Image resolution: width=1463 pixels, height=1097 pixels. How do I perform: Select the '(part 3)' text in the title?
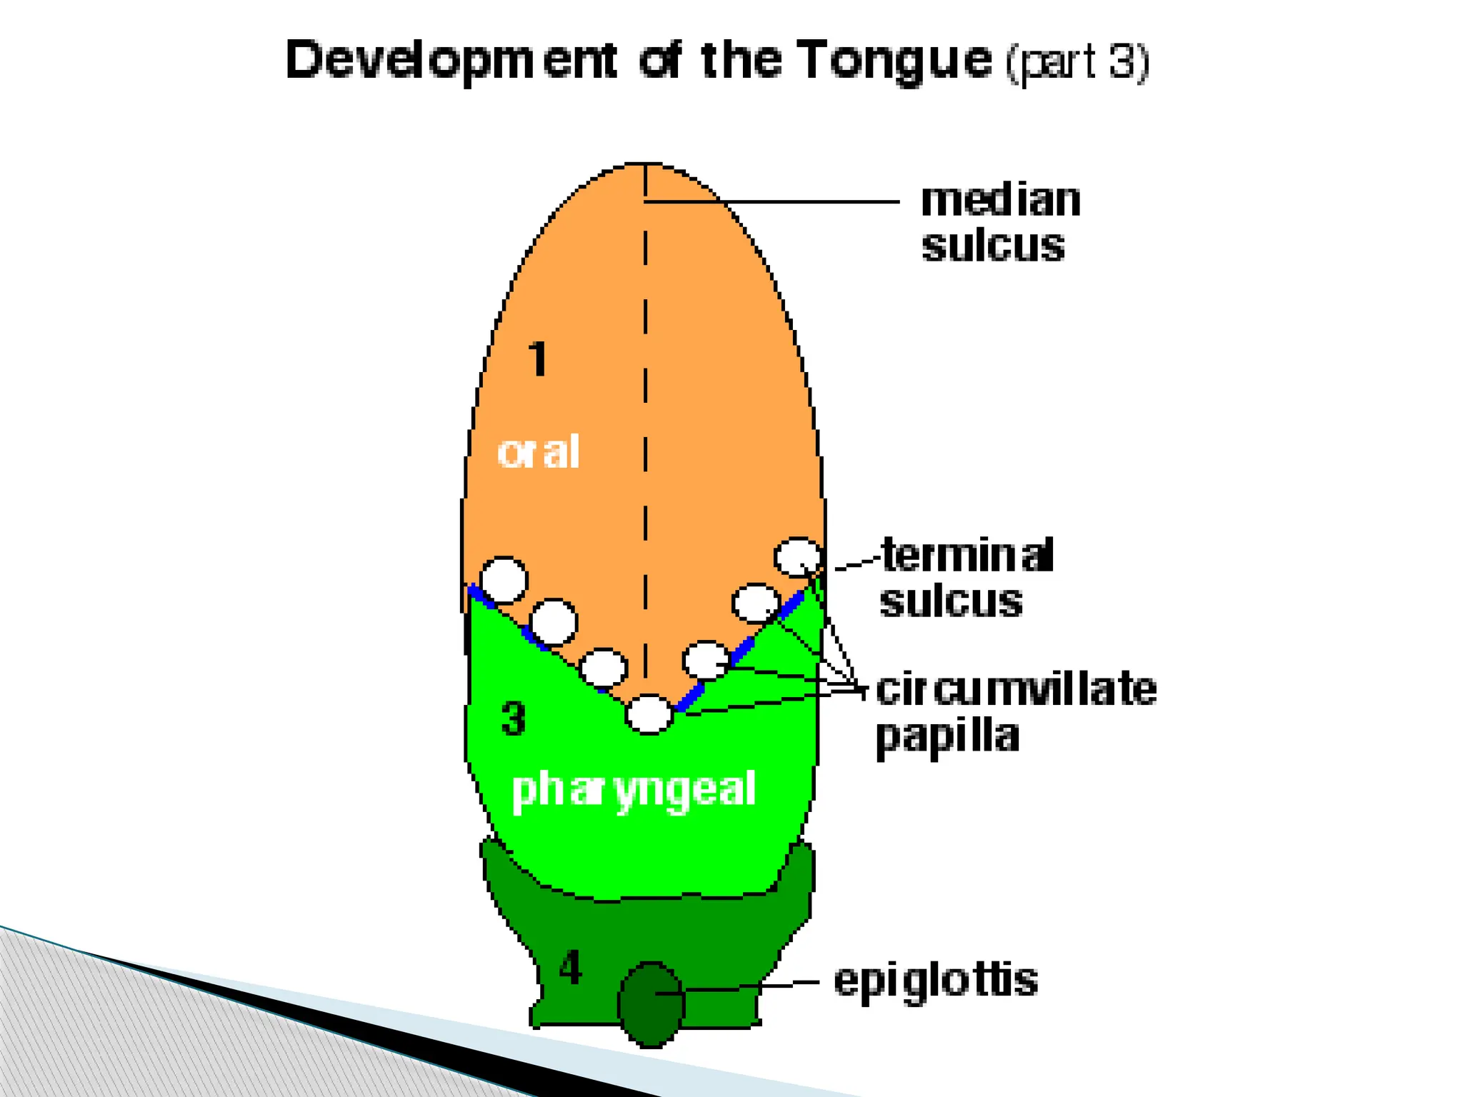coord(1077,63)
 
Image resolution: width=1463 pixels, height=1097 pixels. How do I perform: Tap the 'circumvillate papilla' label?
coord(1014,711)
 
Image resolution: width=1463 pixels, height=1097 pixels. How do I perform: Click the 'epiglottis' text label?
coord(936,981)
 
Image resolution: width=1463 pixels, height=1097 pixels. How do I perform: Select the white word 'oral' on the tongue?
coord(538,453)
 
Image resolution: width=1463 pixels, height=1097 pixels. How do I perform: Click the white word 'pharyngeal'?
coord(634,790)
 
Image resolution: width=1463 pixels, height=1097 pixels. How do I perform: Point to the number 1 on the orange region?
coord(538,359)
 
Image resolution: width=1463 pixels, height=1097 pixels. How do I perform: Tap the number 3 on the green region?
coord(514,718)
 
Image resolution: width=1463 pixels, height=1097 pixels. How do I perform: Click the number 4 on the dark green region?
coord(570,969)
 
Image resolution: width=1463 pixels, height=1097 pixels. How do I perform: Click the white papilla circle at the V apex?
coord(649,713)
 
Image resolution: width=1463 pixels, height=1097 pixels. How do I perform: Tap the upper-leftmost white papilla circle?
coord(504,579)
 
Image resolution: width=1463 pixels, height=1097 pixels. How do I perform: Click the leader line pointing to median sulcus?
coord(772,202)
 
